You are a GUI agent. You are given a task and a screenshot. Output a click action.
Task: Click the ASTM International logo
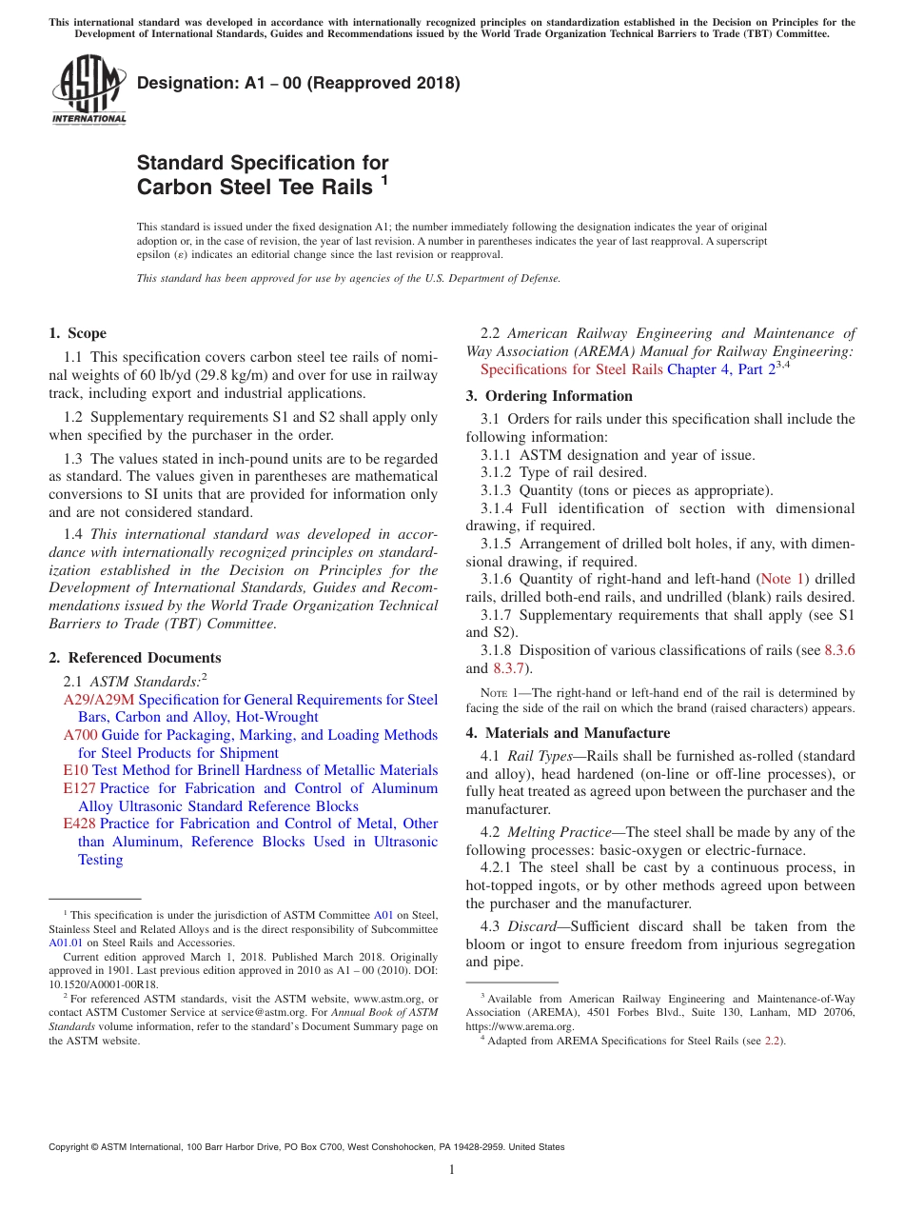[88, 89]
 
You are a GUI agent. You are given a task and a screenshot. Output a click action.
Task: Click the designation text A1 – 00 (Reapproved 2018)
[299, 83]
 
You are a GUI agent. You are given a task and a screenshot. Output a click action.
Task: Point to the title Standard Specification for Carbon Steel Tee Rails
[263, 175]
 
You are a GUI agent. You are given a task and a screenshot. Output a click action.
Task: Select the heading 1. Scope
[77, 333]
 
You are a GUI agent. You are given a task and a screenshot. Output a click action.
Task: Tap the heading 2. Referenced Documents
[134, 658]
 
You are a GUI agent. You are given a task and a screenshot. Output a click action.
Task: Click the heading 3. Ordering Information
[549, 396]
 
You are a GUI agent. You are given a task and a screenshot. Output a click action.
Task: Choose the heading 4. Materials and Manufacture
[567, 733]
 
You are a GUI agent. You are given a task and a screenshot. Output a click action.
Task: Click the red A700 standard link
[80, 735]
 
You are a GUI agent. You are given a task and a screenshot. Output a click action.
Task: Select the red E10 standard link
[75, 770]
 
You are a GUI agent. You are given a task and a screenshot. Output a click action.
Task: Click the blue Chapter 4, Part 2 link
[720, 369]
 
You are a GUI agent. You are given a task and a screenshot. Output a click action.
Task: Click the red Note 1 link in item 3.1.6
[781, 579]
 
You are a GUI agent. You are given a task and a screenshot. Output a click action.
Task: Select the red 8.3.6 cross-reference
[839, 650]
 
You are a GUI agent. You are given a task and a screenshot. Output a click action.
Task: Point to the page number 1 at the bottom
[452, 1170]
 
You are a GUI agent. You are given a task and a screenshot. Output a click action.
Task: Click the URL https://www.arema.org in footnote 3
[520, 1026]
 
